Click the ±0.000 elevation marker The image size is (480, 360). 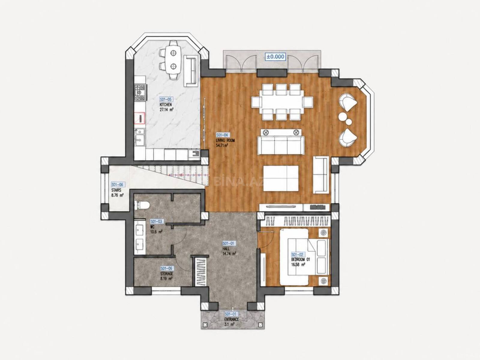(275, 57)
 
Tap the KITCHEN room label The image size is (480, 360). (166, 105)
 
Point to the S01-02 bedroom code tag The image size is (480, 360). (297, 254)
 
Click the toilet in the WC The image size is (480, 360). (142, 205)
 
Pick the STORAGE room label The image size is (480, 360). (166, 273)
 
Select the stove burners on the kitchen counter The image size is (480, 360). (140, 94)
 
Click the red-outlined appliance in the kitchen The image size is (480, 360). (139, 118)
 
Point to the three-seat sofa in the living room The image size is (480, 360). (280, 145)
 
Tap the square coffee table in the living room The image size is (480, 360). (281, 178)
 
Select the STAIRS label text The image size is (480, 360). (116, 190)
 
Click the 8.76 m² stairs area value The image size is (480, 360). (117, 195)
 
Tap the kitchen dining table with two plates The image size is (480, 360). (173, 60)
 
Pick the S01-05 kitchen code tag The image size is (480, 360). (166, 100)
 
